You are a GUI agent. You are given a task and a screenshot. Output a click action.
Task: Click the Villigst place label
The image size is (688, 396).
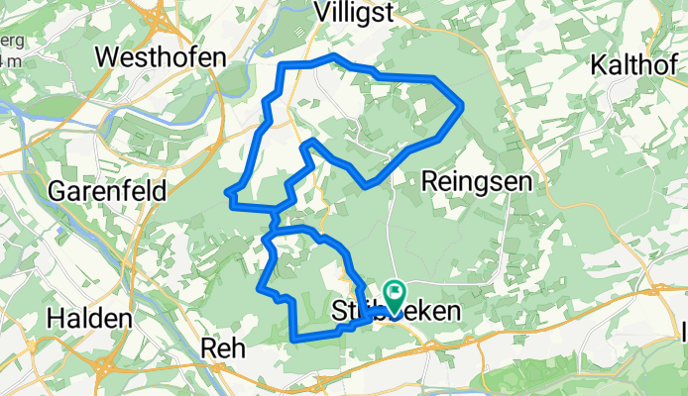354,13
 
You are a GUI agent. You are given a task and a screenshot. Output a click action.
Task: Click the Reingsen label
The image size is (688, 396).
476,180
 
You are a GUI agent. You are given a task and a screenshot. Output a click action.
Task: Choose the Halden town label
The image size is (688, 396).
89,320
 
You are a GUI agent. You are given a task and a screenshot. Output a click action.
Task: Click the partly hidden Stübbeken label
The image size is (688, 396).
395,312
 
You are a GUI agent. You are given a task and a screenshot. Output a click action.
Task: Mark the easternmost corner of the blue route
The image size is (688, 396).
463,106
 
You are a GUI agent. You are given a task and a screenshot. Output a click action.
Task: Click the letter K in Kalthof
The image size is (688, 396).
599,65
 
